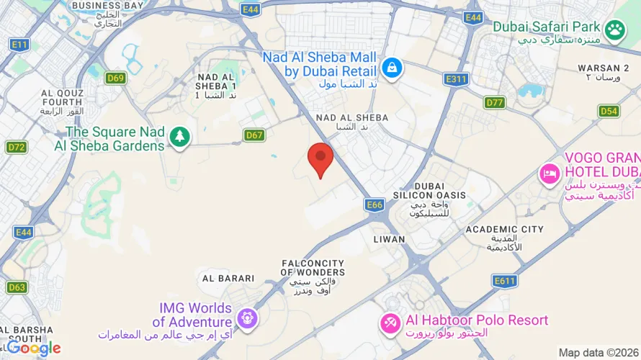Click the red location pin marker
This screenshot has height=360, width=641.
click(320, 158)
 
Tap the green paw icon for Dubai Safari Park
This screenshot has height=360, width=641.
click(614, 30)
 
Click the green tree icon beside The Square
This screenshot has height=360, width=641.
click(179, 135)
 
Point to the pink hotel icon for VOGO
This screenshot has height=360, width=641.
click(550, 174)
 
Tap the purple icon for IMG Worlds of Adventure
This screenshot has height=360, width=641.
click(247, 318)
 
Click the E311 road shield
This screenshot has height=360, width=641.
click(457, 79)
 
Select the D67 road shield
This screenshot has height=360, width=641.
click(254, 135)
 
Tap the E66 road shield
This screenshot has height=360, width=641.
click(375, 205)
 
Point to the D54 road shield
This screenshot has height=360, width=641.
click(609, 111)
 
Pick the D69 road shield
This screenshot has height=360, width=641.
click(115, 78)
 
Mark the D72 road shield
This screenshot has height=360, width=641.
click(17, 148)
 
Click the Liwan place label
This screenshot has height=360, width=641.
click(390, 238)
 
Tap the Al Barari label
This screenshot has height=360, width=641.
click(228, 278)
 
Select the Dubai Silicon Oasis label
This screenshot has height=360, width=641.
click(429, 195)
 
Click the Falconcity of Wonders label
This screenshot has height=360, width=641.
click(313, 273)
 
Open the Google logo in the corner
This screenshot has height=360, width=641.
click(34, 348)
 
